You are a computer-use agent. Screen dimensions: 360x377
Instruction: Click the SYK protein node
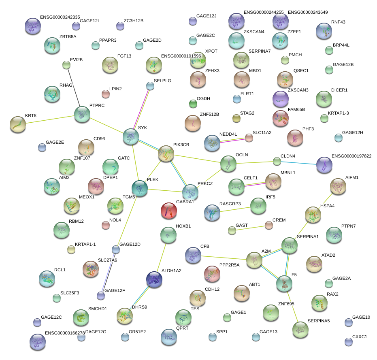tap(131, 137)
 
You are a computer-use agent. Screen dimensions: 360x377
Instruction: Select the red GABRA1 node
tap(169, 211)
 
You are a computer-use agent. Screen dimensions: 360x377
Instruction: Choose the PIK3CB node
tap(166, 153)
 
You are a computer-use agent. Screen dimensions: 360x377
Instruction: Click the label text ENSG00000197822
tap(351, 156)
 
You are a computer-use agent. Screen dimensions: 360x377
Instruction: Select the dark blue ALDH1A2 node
tap(154, 279)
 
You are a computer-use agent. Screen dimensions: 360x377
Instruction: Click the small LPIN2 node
tap(106, 94)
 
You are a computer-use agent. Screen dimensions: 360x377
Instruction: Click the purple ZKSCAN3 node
tap(280, 98)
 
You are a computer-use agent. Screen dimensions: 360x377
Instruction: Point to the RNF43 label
tap(338, 22)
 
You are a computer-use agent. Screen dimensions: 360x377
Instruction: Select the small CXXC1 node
tap(348, 342)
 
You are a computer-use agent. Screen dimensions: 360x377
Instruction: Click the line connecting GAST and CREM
tap(250, 228)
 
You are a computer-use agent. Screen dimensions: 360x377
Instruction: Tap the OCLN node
tap(228, 164)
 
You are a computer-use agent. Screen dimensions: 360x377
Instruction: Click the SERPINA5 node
tap(300, 329)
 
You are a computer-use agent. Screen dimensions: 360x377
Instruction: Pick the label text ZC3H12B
tap(133, 20)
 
